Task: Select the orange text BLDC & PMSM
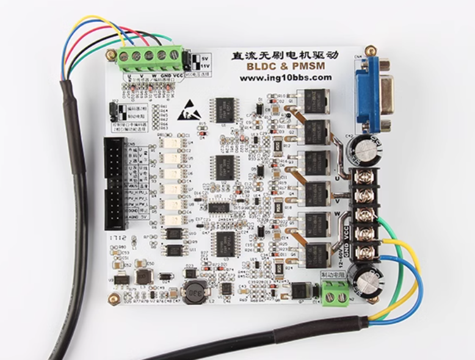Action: coord(285,66)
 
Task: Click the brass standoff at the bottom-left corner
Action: coord(113,298)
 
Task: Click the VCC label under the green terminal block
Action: coord(178,76)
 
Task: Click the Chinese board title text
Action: coord(285,54)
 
